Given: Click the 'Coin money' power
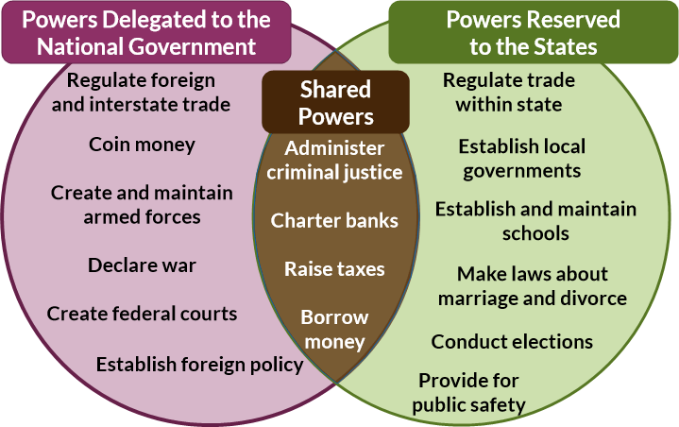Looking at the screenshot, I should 142,145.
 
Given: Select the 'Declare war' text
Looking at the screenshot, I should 142,265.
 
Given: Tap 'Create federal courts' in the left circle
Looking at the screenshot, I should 142,313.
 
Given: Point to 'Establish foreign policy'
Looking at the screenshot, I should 199,364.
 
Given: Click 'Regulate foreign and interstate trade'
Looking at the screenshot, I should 141,93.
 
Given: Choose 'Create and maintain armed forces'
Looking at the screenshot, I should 142,204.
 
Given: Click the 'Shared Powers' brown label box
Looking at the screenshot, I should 336,103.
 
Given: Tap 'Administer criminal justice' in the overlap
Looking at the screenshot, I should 334,161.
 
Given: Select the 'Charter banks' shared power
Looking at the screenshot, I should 334,221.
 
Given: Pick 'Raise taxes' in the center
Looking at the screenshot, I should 334,269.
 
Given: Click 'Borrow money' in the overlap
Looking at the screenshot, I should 334,327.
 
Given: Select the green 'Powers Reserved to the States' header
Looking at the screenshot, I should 533,33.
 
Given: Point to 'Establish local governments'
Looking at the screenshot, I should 521,158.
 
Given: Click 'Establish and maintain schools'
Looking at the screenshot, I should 535,220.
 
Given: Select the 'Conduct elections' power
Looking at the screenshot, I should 512,342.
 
